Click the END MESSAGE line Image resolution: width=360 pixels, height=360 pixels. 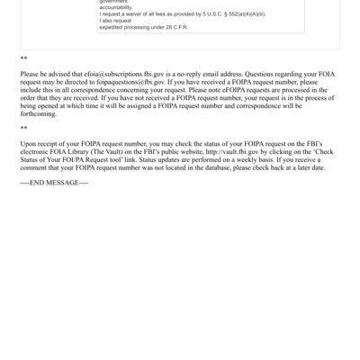click(54, 183)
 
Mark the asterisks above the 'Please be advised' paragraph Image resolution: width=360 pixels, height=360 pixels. click(23, 58)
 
